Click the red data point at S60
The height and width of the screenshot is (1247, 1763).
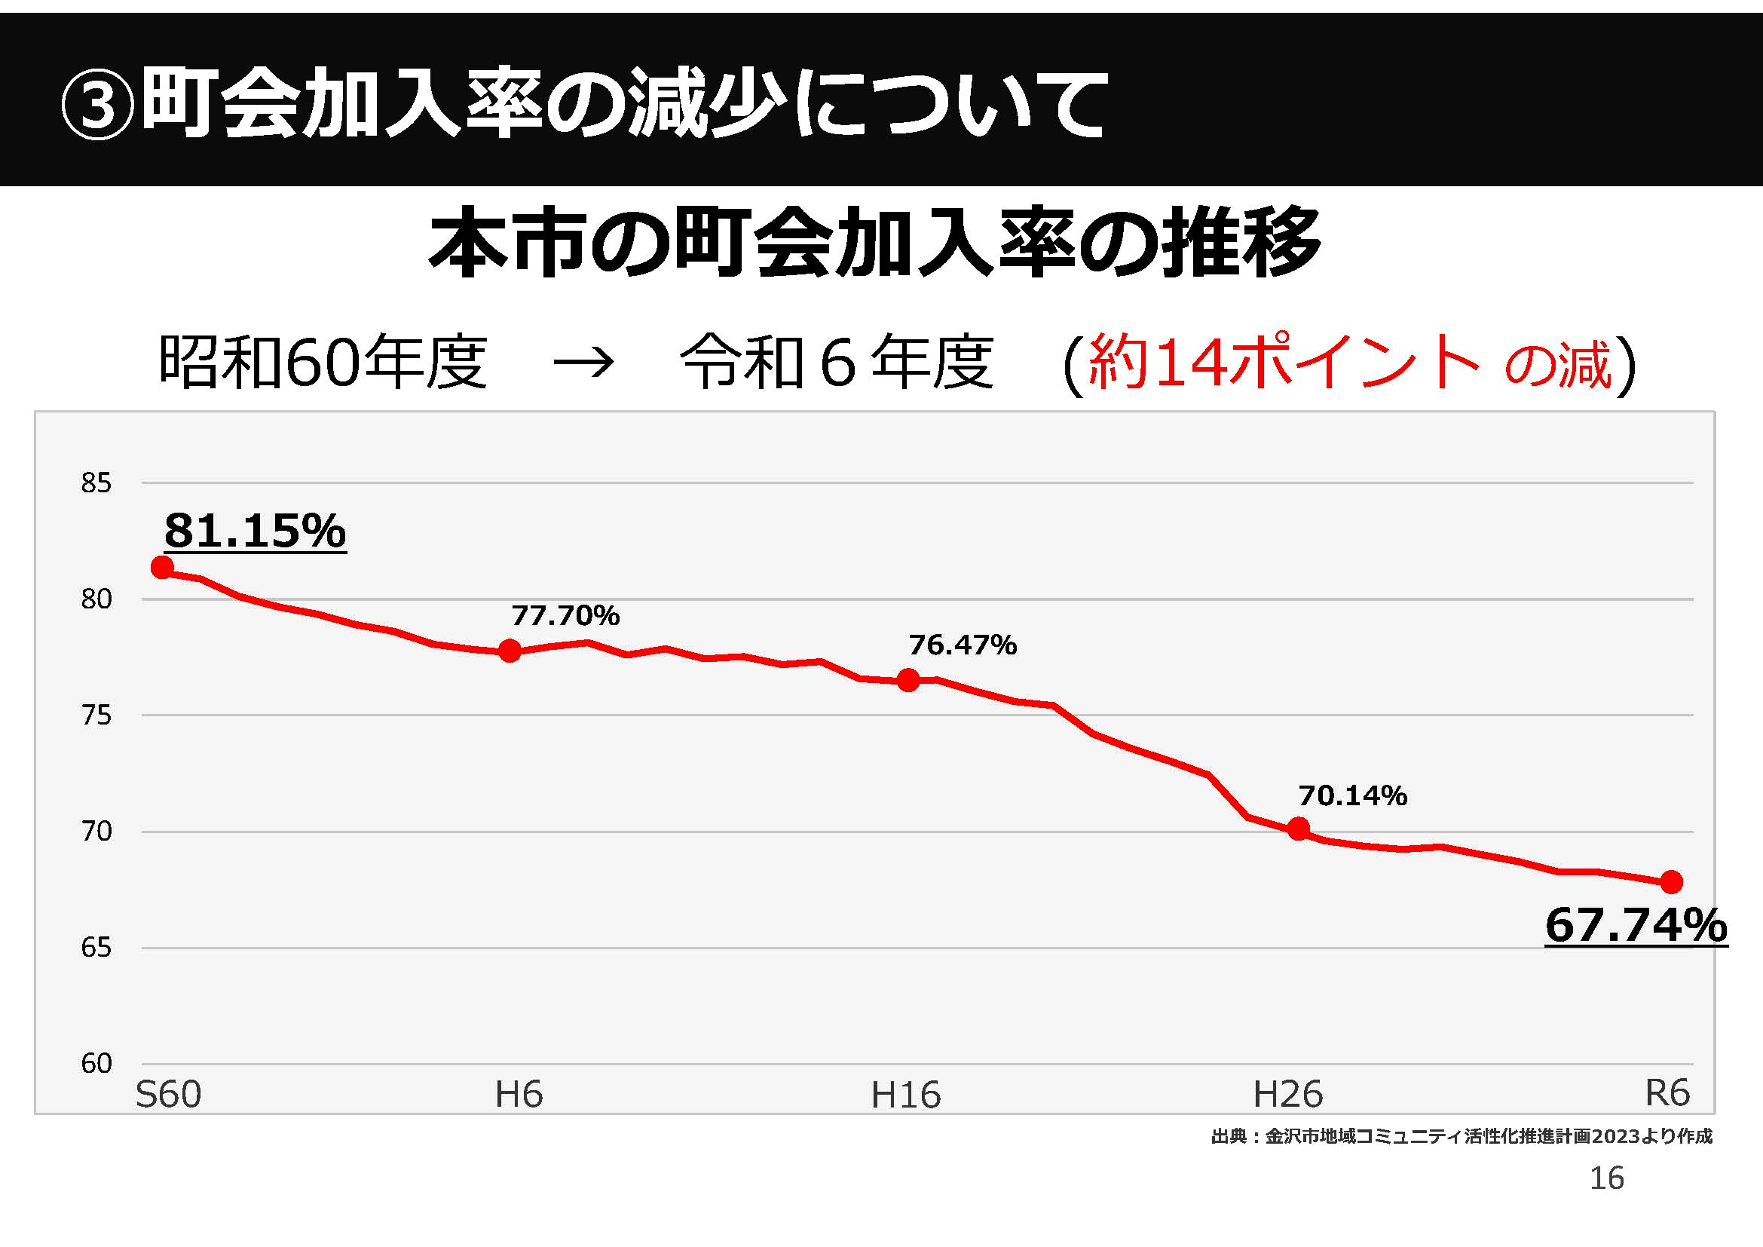tap(162, 568)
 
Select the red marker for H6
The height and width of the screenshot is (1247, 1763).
tap(510, 651)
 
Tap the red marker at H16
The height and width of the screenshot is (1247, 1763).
tap(908, 679)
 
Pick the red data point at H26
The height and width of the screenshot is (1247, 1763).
tap(1299, 829)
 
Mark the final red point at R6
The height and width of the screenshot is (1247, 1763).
tap(1672, 882)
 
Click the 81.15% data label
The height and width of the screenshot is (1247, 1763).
tap(255, 531)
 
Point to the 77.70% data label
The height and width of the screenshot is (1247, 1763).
tap(565, 616)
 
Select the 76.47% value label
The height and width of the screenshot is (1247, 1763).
tap(963, 645)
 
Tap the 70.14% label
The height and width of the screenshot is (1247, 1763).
tap(1353, 795)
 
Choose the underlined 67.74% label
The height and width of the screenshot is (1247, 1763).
tap(1636, 925)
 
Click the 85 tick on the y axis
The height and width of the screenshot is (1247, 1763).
tap(96, 483)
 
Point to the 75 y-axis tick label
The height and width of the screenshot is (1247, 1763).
tap(96, 715)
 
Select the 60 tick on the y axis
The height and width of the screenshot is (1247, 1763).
tap(96, 1064)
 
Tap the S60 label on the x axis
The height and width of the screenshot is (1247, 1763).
tap(168, 1094)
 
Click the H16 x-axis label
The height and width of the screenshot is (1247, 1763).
tap(905, 1094)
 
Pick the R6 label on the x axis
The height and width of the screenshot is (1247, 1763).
tap(1667, 1092)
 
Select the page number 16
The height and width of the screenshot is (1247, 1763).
tap(1606, 1178)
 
